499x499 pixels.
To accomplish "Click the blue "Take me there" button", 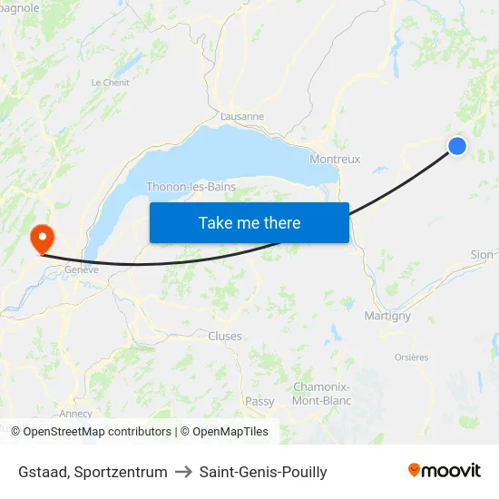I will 249,222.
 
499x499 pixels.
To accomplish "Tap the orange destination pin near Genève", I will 42,239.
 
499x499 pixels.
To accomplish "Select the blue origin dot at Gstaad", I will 457,145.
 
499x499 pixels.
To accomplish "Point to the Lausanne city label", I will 242,116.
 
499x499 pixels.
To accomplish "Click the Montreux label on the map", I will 335,159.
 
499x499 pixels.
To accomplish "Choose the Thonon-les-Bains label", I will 191,187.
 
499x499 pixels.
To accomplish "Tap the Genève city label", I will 81,269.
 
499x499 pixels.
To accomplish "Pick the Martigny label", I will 387,316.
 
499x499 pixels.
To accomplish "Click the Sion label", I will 482,255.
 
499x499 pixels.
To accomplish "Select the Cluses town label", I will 225,336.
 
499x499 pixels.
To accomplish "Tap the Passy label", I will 259,400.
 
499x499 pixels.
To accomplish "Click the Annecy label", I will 75,414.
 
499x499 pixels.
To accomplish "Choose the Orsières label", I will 411,357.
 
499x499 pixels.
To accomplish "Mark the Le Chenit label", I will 110,82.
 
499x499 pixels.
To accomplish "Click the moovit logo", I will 445,470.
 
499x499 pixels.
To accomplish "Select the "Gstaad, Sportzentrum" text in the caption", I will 93,472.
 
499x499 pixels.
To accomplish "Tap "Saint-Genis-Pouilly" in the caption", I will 263,472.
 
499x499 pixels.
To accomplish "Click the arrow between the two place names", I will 183,472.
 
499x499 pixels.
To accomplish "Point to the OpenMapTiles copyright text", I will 224,432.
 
